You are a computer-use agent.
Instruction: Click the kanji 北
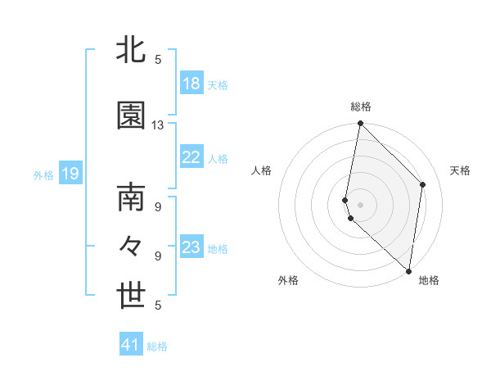coord(132,50)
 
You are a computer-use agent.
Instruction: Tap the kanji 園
coord(132,116)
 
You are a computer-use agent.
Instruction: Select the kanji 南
coord(132,199)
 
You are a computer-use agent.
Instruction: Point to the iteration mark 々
coord(132,247)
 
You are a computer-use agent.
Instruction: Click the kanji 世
coord(132,297)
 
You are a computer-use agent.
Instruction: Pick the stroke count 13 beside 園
coord(158,125)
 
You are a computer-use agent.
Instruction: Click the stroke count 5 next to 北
coord(158,59)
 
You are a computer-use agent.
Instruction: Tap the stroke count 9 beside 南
coord(158,207)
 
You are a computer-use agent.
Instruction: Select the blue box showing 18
coord(191,84)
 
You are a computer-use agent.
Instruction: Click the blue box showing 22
coord(191,158)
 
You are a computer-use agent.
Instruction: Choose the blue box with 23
coord(191,247)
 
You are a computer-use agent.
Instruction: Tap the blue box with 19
coord(70,174)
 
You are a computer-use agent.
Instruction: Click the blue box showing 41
coord(131,345)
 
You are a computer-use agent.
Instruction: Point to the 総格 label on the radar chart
coord(361,106)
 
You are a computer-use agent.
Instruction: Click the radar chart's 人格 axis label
coord(261,170)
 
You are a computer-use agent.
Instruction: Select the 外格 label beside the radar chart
coord(288,280)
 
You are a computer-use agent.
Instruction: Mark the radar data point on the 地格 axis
coord(408,270)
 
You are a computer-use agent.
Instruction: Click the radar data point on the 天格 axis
coord(423,184)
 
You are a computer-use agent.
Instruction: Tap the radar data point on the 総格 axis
coord(361,125)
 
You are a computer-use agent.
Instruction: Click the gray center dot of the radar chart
coord(361,204)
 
